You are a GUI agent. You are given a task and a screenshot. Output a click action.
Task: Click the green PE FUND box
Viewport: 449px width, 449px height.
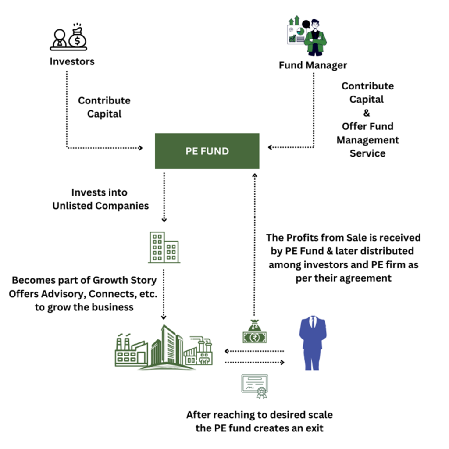207,151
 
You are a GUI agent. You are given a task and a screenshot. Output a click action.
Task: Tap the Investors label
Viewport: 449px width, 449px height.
72,61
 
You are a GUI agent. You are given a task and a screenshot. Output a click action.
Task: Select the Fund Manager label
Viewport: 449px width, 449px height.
313,65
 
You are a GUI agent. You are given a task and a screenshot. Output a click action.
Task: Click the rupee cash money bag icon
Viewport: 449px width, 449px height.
255,331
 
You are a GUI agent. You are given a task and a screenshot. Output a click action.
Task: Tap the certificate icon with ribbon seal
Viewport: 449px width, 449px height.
255,386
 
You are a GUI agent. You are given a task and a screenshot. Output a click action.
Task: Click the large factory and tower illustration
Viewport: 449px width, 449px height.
164,347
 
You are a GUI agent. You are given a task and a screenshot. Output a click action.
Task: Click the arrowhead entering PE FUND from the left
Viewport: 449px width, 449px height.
141,148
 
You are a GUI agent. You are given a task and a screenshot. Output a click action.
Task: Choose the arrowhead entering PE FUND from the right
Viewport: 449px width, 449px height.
270,148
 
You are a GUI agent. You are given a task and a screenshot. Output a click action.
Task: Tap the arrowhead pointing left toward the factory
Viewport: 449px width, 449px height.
227,351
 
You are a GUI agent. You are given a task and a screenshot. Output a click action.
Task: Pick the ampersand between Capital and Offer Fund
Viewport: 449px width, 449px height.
367,113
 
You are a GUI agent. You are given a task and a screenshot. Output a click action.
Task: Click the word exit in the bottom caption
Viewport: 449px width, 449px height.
314,428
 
